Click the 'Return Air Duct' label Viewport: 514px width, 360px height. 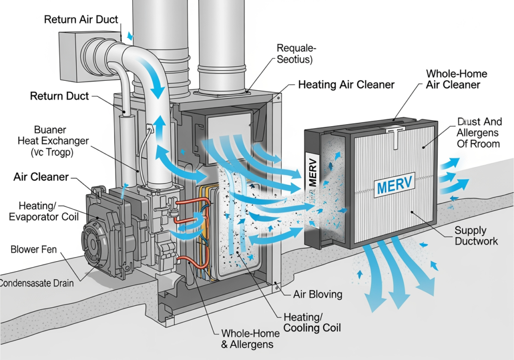pos(81,20)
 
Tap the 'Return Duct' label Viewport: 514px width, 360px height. pos(59,95)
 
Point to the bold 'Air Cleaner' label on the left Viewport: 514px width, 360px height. pos(41,177)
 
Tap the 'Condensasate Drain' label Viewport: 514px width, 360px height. pos(36,283)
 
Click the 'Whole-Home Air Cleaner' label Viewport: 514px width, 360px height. pos(456,79)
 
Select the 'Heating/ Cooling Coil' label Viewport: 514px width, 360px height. pos(312,322)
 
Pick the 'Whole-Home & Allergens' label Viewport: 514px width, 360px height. pos(248,339)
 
